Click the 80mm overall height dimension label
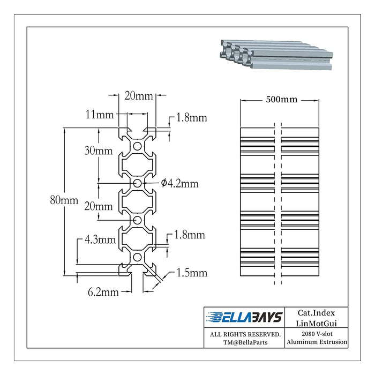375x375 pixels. (64, 200)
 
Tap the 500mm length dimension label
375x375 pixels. (282, 99)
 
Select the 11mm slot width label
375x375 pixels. (100, 115)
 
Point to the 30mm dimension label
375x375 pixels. (98, 151)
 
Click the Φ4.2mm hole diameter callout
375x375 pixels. (180, 183)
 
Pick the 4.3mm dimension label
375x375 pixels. (100, 239)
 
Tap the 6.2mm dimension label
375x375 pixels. (103, 292)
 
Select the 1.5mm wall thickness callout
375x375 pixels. (192, 273)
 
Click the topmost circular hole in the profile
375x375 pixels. (137, 146)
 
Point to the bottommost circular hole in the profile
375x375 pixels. (137, 257)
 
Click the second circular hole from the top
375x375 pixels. (137, 183)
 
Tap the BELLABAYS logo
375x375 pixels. (244, 317)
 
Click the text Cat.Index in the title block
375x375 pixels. (316, 313)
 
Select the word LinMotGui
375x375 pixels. (316, 324)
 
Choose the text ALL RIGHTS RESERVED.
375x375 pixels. (245, 334)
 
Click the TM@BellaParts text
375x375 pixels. (245, 342)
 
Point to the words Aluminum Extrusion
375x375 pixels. (317, 342)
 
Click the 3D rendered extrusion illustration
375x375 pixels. (276, 55)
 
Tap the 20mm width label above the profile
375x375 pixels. (139, 96)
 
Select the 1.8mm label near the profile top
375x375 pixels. (192, 118)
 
